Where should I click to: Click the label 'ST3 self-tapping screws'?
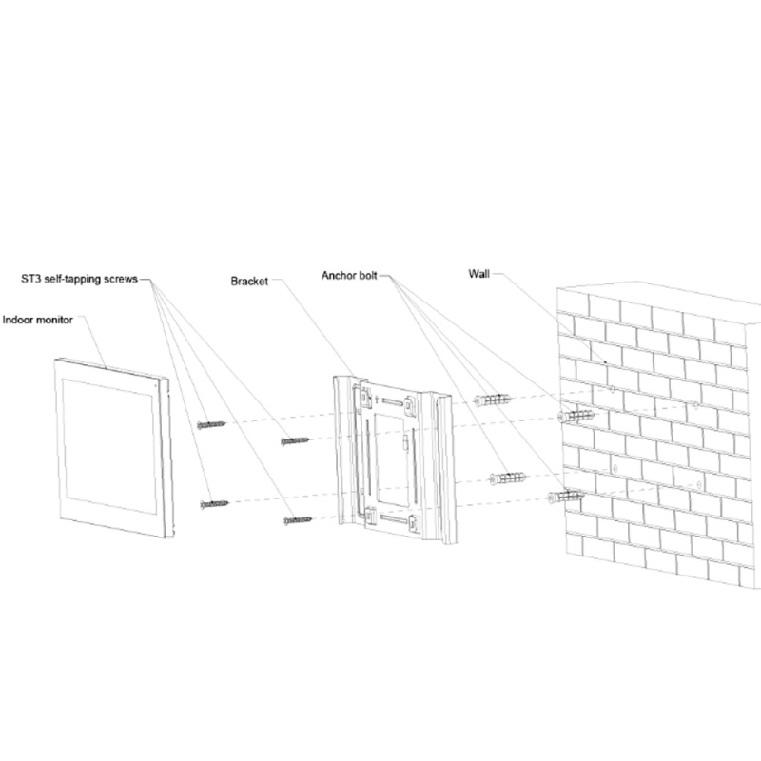coord(80,279)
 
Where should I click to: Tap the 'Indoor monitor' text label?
coord(38,320)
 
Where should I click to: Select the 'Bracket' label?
coord(249,281)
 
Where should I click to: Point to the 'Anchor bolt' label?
coord(349,276)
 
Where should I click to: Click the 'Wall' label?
coord(479,274)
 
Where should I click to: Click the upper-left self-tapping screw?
coord(211,424)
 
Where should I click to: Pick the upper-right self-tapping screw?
coord(295,440)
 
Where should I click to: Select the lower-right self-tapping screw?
coord(298,520)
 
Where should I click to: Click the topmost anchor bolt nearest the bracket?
coord(492,400)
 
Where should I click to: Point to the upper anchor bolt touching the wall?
coord(576,416)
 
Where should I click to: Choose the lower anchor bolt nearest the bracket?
coord(508,478)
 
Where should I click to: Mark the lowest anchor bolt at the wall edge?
coord(566,496)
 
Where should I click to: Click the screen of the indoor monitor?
coord(110,446)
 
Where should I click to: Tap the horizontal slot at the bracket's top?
coord(392,401)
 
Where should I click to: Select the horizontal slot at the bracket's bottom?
coord(393,519)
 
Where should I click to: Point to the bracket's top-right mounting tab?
coord(410,406)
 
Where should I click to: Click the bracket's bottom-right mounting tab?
coord(414,524)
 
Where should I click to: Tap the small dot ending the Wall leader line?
coord(605,362)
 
